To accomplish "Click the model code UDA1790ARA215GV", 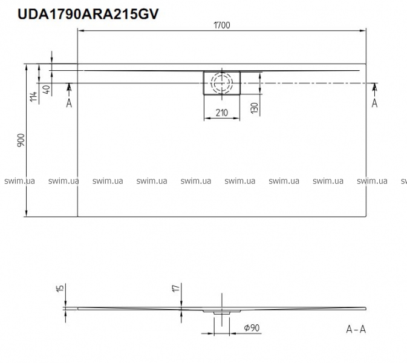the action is [x=88, y=14].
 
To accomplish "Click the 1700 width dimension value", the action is [x=222, y=25].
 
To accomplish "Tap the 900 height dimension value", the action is [x=21, y=140].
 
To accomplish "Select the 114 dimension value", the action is [x=33, y=97].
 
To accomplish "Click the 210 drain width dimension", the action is [x=222, y=113].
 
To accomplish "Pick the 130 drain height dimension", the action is [x=255, y=108].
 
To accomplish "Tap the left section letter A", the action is [x=69, y=103].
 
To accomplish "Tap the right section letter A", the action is [x=374, y=103].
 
